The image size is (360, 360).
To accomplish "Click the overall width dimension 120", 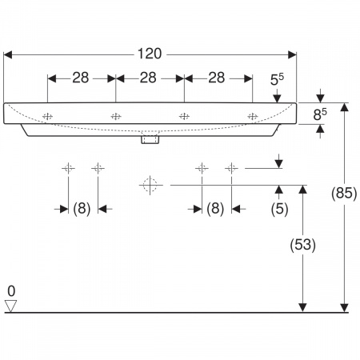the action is click(150, 54).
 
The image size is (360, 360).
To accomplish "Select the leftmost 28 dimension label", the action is click(81, 78).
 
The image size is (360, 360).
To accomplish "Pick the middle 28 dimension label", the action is click(148, 78).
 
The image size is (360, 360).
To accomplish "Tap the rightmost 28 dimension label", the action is click(217, 78).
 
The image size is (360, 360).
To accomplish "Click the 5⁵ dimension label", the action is click(277, 79).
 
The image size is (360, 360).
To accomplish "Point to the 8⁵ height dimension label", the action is click(320, 114).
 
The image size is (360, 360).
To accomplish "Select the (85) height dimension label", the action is click(344, 193).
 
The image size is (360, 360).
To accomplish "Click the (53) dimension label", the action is click(302, 245).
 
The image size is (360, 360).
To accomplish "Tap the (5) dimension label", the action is click(279, 209).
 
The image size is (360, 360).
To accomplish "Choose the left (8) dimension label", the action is click(82, 208).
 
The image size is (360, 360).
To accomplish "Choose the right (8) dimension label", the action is click(215, 208).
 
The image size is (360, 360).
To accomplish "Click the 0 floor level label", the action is click(11, 291).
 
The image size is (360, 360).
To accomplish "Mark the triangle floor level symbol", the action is click(10, 306).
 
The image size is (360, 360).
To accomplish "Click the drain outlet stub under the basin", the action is click(150, 140).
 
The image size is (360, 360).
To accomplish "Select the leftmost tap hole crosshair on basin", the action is click(47, 117).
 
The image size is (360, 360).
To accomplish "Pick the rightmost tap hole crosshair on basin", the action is click(252, 117).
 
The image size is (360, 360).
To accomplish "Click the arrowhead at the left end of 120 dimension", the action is click(8, 55).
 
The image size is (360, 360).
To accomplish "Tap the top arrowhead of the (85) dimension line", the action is click(345, 107).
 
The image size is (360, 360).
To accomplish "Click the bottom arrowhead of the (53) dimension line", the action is click(302, 307).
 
